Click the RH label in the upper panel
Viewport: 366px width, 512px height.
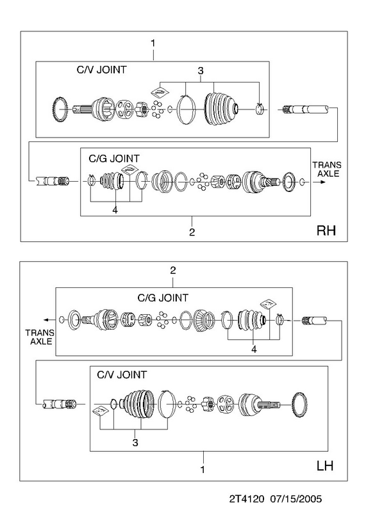coord(326,230)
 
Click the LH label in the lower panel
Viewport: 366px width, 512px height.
coord(325,465)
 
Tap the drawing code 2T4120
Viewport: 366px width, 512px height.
coord(246,499)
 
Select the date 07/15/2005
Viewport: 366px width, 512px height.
coord(296,499)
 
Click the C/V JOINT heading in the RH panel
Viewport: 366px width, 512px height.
coord(101,70)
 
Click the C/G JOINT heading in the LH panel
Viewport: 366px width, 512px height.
coord(163,298)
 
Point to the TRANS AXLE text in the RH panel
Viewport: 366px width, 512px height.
coord(327,169)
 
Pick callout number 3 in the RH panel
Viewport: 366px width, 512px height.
coord(201,70)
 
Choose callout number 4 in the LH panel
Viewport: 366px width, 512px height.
coord(254,349)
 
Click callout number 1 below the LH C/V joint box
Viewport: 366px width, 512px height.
coord(203,470)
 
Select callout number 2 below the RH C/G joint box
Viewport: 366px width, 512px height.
coord(192,232)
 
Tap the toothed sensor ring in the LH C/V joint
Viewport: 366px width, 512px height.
coord(300,405)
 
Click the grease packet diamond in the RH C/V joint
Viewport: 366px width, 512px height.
coord(160,92)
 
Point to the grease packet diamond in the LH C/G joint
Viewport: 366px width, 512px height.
coord(269,304)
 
